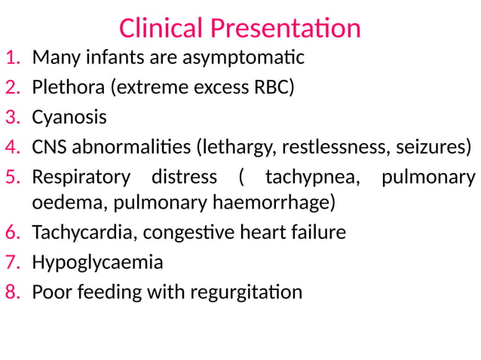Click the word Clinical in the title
161,28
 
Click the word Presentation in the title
285,28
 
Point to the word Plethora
69,87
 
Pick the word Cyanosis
69,117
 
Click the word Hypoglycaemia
97,262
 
